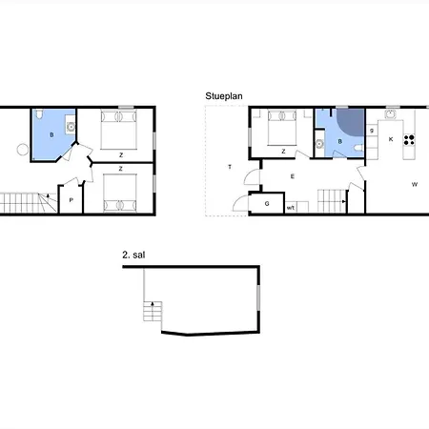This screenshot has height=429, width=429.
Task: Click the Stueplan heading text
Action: [224, 96]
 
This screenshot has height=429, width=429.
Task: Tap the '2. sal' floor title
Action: [133, 255]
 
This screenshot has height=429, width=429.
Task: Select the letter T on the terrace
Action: [230, 167]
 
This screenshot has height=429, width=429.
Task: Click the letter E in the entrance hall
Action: [293, 176]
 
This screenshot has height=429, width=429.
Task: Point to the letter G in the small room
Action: [267, 204]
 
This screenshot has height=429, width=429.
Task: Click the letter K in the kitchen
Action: [391, 139]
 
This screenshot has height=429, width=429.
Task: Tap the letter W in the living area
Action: [415, 184]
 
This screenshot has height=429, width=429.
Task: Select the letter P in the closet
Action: [71, 200]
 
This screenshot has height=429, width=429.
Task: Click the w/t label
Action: [291, 208]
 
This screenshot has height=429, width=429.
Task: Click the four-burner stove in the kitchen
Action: [409, 140]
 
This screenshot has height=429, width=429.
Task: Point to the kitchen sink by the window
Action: [390, 113]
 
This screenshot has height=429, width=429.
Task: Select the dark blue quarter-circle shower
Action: [350, 122]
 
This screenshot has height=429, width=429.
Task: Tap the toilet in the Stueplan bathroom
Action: [358, 148]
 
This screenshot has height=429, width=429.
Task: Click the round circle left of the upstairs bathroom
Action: [23, 150]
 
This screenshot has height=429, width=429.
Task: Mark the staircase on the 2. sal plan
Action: [153, 311]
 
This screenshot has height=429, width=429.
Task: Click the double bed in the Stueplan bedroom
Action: [282, 128]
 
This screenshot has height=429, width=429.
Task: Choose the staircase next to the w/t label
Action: [332, 201]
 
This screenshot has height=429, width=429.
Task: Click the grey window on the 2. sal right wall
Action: [258, 297]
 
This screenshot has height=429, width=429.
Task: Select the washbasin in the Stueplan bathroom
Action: [319, 144]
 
